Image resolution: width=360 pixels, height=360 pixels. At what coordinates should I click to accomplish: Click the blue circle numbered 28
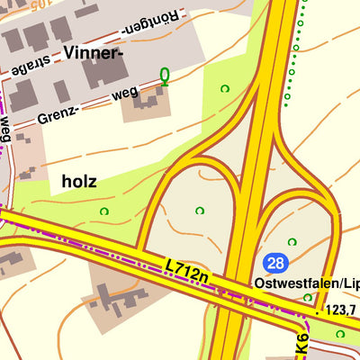pyautogui.click(x=275, y=263)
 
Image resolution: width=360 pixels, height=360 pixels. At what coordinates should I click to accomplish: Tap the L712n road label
pyautogui.click(x=187, y=272)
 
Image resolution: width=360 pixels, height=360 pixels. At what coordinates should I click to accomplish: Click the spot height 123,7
pyautogui.click(x=341, y=310)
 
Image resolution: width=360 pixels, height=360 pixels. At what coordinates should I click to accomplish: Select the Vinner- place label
pyautogui.click(x=93, y=53)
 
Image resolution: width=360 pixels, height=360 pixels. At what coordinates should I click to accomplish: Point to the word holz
pyautogui.click(x=79, y=182)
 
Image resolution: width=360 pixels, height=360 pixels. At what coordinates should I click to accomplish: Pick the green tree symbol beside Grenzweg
pyautogui.click(x=164, y=76)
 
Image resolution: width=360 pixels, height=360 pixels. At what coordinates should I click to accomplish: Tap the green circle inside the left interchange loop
pyautogui.click(x=199, y=211)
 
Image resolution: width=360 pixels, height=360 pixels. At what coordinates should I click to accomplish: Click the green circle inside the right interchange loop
pyautogui.click(x=291, y=242)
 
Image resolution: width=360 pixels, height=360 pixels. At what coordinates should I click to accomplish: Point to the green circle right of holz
pyautogui.click(x=104, y=211)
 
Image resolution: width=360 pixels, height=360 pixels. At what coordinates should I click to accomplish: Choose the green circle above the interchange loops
pyautogui.click(x=224, y=88)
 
